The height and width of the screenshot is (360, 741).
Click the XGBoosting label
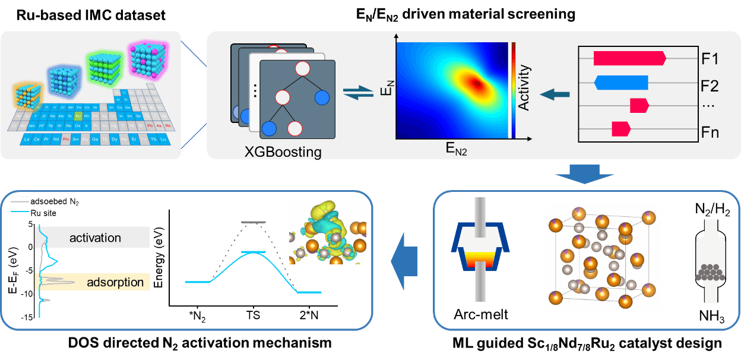tap(283, 151)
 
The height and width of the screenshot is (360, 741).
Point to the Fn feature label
tap(710, 131)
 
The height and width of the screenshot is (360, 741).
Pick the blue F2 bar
tap(620, 83)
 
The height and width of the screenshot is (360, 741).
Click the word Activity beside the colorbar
tap(523, 88)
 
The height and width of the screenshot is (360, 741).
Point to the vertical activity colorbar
tap(513, 89)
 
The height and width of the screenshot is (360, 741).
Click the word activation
tap(95, 238)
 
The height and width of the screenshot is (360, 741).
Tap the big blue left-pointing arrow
tap(405, 261)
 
